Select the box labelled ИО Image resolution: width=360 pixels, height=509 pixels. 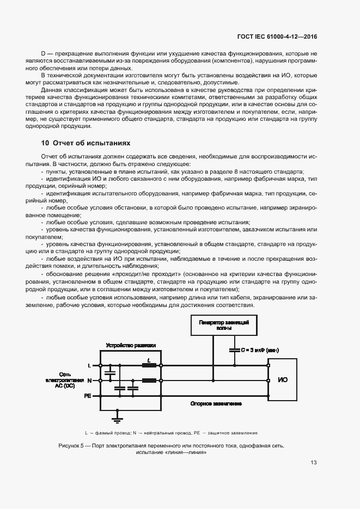pos(283,379)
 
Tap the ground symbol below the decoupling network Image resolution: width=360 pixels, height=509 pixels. pos(116,418)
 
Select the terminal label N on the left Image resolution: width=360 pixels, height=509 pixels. pos(89,380)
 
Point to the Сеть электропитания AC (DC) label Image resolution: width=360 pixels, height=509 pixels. pos(64,381)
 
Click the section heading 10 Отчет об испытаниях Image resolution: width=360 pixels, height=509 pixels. pos(86,143)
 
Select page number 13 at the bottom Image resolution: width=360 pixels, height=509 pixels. pos(313,463)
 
